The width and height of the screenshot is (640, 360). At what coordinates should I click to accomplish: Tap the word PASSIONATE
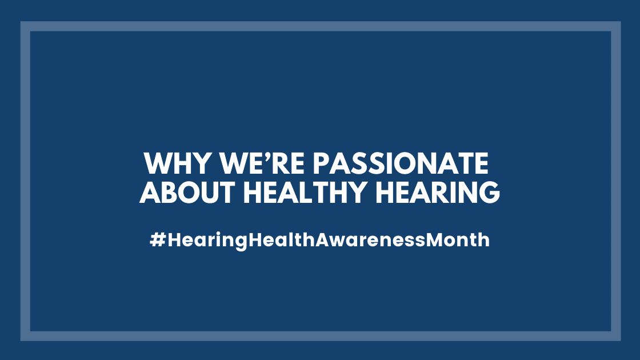click(x=401, y=163)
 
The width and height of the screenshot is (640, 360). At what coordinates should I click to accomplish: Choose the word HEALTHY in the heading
click(x=305, y=192)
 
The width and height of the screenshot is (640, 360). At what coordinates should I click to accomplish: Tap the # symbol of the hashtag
click(x=158, y=239)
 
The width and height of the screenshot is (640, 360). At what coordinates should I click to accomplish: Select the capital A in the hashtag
click(x=323, y=239)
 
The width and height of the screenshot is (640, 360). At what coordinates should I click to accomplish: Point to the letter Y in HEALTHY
click(x=355, y=192)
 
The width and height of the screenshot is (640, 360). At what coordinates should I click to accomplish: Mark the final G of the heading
click(x=489, y=192)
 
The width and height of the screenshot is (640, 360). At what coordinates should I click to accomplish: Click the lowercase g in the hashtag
click(x=241, y=242)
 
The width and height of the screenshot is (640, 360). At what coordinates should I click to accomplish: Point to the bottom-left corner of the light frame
click(x=21, y=341)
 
